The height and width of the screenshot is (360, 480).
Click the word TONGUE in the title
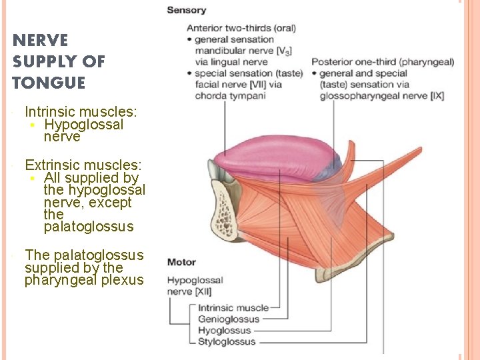pos(49,83)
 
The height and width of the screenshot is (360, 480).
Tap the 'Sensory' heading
pos(186,10)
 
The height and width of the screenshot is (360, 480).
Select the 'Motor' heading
pos(181,262)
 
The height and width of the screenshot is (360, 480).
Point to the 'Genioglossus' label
pos(229,319)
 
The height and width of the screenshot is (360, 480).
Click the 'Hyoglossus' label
pos(225,331)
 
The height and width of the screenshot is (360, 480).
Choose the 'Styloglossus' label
pos(227,342)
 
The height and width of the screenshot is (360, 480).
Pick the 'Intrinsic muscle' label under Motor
pos(233,308)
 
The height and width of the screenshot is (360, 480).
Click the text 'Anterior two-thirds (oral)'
pos(241,28)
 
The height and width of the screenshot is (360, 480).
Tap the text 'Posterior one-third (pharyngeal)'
pos(383,63)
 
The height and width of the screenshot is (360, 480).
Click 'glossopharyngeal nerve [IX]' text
pos(381,96)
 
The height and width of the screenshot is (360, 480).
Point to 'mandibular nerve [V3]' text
pos(243,51)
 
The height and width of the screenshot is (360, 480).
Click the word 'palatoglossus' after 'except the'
pos(89,227)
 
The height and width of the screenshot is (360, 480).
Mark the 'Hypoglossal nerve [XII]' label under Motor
pos(195,286)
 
